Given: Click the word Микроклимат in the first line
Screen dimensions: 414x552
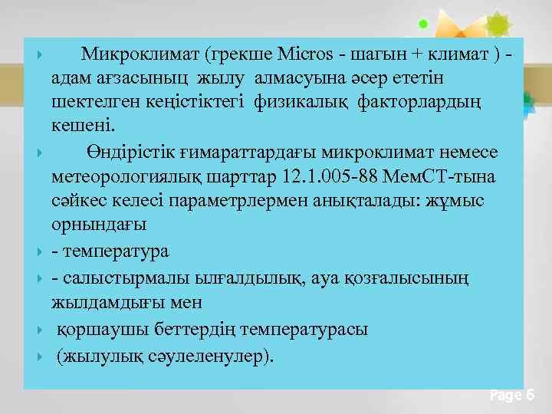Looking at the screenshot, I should coord(136,54).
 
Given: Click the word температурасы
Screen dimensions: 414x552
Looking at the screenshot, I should coord(304,330).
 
